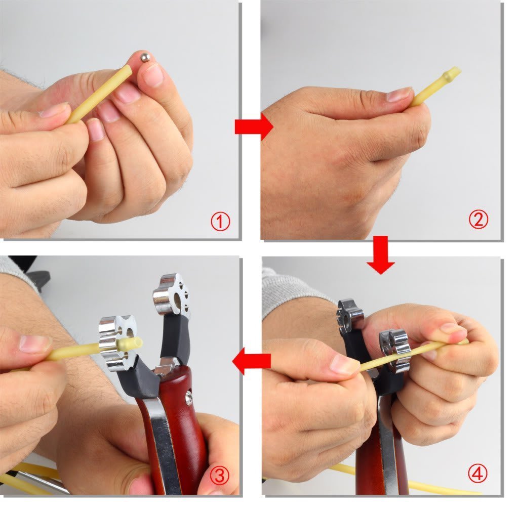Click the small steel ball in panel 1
(145, 58)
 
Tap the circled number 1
(220, 222)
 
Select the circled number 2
(478, 219)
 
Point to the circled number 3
(220, 476)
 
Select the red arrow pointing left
(252, 361)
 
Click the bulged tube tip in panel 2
(451, 75)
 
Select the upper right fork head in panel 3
(171, 295)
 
